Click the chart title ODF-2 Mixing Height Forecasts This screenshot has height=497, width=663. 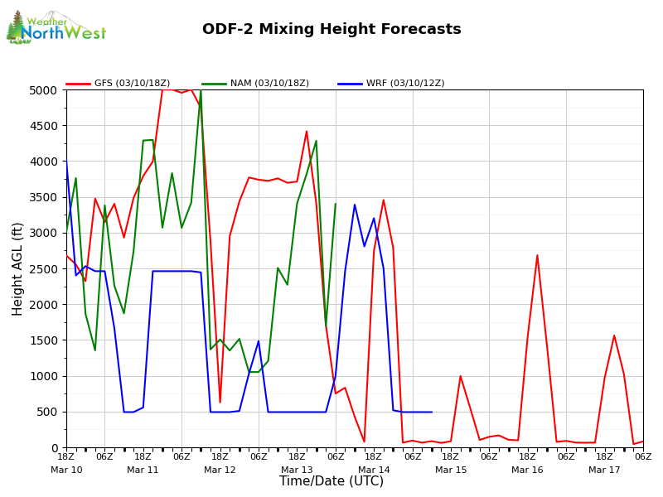[x=331, y=30]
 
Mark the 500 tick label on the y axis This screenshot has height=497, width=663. [x=49, y=412]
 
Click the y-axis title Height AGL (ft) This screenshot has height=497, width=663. [x=18, y=268]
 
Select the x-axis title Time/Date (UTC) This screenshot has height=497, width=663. [x=331, y=481]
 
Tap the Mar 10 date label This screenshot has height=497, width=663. [x=66, y=470]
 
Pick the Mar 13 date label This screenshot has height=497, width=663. [x=297, y=470]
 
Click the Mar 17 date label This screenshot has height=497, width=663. [x=604, y=470]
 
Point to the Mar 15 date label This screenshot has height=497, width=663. [x=451, y=470]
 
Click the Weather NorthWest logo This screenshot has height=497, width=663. [x=56, y=28]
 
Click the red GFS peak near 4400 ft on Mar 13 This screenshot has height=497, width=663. [x=307, y=131]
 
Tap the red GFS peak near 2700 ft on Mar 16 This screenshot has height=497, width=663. [x=537, y=255]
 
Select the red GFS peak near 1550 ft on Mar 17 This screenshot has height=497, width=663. [x=614, y=335]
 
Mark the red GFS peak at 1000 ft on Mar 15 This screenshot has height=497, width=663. [x=461, y=376]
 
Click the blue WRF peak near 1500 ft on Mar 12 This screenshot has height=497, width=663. [x=259, y=340]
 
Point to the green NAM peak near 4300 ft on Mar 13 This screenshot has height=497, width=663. [x=316, y=141]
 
